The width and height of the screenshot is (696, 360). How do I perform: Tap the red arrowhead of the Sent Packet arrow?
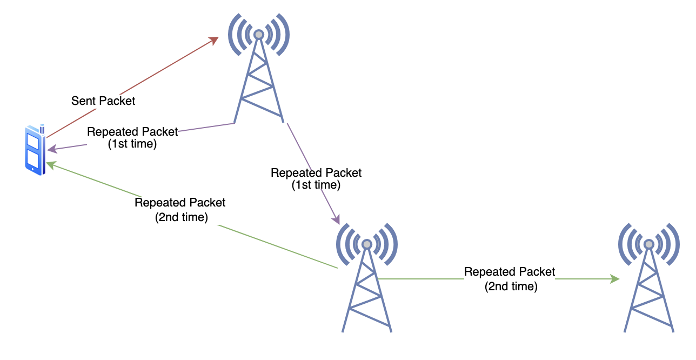pyautogui.click(x=214, y=40)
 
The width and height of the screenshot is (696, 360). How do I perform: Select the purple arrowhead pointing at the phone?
pyautogui.click(x=51, y=149)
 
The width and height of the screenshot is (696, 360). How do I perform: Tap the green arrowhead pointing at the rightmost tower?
pyautogui.click(x=614, y=279)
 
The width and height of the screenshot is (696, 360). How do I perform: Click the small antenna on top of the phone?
pyautogui.click(x=42, y=128)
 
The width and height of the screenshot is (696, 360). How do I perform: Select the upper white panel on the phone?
pyautogui.click(x=33, y=142)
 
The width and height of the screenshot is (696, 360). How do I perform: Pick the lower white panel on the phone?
pyautogui.click(x=32, y=159)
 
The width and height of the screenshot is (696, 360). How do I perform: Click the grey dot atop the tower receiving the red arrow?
pyautogui.click(x=259, y=35)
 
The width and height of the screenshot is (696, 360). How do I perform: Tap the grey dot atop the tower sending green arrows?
pyautogui.click(x=367, y=244)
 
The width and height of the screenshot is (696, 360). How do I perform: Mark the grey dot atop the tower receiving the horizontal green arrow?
pyautogui.click(x=648, y=244)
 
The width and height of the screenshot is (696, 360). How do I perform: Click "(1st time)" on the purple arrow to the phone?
pyautogui.click(x=132, y=144)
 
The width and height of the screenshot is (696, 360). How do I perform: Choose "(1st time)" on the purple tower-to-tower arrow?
pyautogui.click(x=316, y=185)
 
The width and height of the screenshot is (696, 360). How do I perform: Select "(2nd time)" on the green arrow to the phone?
pyautogui.click(x=180, y=217)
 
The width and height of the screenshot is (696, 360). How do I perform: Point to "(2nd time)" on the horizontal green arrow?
pyautogui.click(x=511, y=286)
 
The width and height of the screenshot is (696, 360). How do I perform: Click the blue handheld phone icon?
pyautogui.click(x=34, y=150)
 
